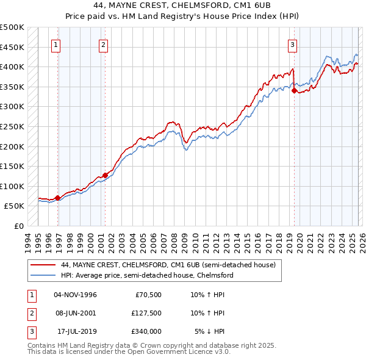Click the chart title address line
pyautogui.click(x=183, y=5)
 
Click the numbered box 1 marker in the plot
pyautogui.click(x=56, y=44)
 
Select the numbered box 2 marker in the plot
pyautogui.click(x=103, y=44)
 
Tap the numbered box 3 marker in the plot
pyautogui.click(x=292, y=44)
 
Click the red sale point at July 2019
pyautogui.click(x=294, y=91)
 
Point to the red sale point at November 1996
pyautogui.click(x=57, y=198)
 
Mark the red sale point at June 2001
pyautogui.click(x=105, y=175)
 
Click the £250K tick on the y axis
pyautogui.click(x=12, y=126)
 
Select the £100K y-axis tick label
pyautogui.click(x=12, y=186)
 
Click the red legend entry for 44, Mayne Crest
pyautogui.click(x=168, y=265)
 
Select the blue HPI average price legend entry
pyautogui.click(x=147, y=275)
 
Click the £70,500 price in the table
pyautogui.click(x=148, y=295)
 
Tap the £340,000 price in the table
pyautogui.click(x=146, y=331)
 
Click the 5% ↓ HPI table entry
pyautogui.click(x=210, y=331)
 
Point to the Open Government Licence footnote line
pyautogui.click(x=120, y=353)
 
